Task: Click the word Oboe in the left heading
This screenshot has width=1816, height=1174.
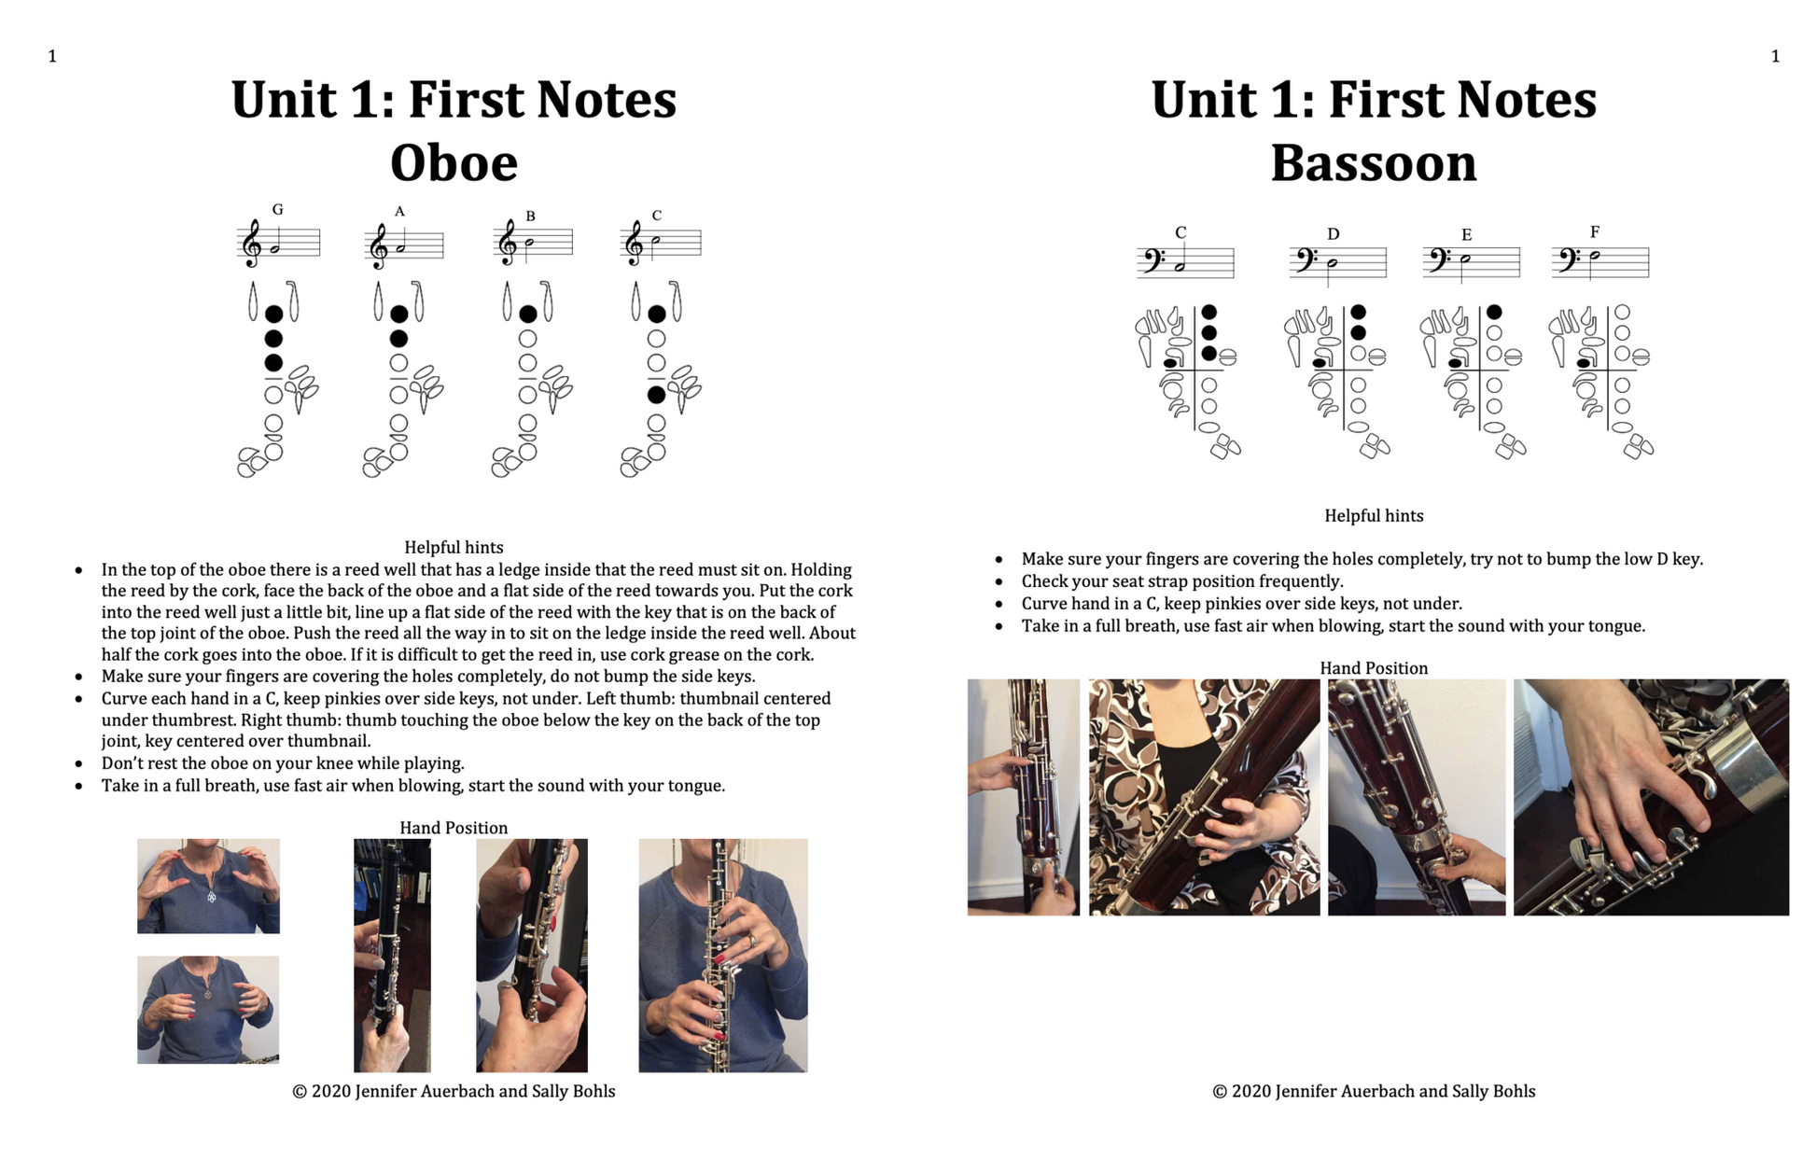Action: click(x=454, y=162)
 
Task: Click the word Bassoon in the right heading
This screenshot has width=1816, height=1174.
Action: click(x=1374, y=162)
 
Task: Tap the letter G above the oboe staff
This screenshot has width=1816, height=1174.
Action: click(x=277, y=210)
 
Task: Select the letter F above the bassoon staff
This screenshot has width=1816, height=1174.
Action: click(x=1595, y=231)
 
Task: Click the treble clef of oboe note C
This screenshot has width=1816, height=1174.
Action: click(x=633, y=244)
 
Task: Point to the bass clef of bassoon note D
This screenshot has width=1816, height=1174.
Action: click(x=1303, y=260)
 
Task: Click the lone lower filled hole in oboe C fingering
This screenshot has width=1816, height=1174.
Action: click(x=657, y=395)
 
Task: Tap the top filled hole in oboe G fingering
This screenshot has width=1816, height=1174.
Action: click(x=273, y=314)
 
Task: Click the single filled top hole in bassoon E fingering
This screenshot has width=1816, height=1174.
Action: click(x=1494, y=312)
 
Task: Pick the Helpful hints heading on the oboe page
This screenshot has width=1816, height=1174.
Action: click(x=454, y=548)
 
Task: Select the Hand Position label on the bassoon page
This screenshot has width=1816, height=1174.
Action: click(x=1374, y=668)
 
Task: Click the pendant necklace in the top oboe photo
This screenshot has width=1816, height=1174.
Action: click(x=212, y=896)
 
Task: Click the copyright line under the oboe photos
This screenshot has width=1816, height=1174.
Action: click(x=454, y=1091)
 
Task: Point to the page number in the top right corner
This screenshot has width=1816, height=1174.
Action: click(x=1775, y=56)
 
